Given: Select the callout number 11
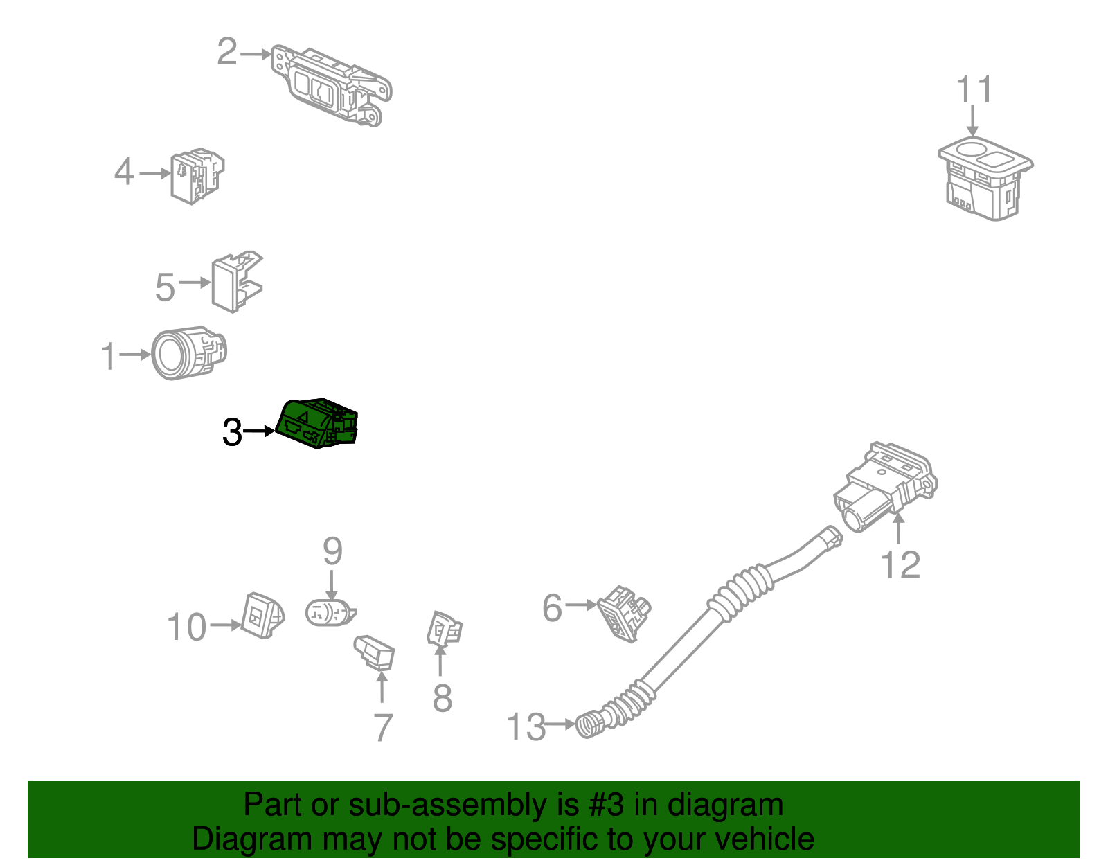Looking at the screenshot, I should (x=974, y=91).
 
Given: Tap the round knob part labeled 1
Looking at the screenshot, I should (x=187, y=353).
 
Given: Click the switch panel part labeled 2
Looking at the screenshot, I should (x=332, y=87).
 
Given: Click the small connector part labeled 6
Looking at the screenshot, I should (x=623, y=612).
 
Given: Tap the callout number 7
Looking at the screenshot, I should (x=383, y=727).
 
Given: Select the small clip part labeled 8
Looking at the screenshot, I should (x=444, y=630).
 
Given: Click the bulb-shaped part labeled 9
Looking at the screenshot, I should (x=330, y=612).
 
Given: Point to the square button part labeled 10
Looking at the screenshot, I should (x=261, y=615).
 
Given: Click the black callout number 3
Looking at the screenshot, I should (x=232, y=433).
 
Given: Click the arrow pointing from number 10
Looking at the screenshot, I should (x=225, y=625).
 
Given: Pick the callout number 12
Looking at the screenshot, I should (x=900, y=565).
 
